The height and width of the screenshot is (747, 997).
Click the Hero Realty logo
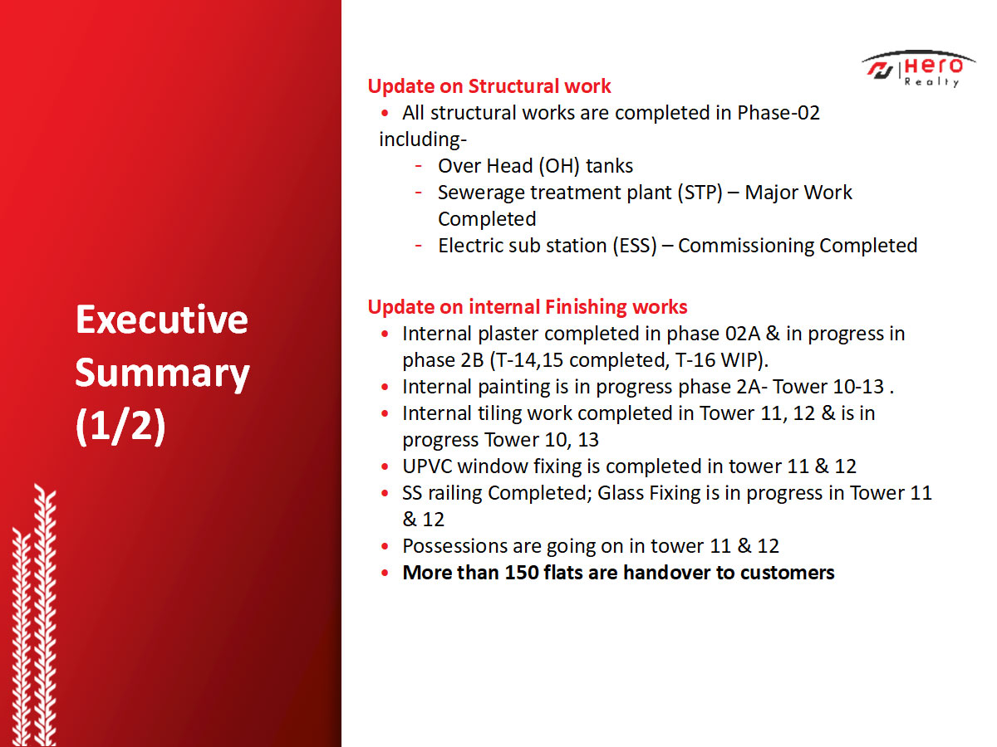coord(918,70)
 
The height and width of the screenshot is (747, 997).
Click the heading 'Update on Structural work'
coord(489,86)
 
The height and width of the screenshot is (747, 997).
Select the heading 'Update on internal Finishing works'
coord(528,307)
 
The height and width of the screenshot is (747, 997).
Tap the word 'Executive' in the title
coord(162,320)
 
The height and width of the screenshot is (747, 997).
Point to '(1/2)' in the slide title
coord(120,425)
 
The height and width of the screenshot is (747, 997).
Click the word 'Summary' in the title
coord(162,373)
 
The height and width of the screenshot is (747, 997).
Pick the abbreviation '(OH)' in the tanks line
coord(558,167)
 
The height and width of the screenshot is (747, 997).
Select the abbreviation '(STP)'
coord(700,193)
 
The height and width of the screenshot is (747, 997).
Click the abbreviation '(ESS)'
coord(635,246)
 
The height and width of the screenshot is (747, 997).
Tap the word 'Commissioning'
coord(746,247)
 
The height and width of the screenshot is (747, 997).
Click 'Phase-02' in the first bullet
coord(778,113)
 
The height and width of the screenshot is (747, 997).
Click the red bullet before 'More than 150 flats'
coord(385,573)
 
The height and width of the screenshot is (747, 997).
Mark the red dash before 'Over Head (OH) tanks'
coord(419,166)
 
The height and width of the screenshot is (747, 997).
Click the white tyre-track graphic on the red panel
coord(33,615)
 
